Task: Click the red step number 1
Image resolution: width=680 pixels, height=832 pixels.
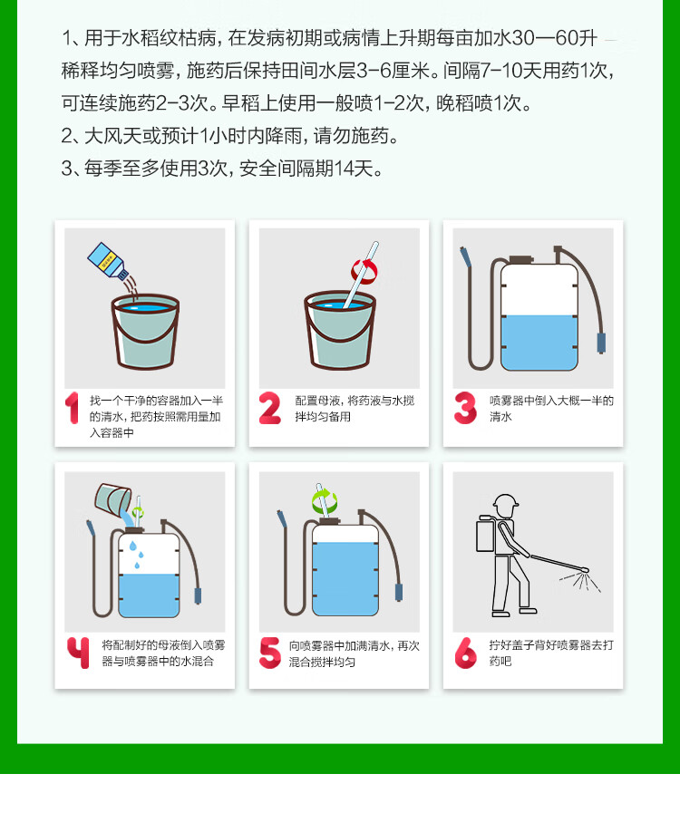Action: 73,408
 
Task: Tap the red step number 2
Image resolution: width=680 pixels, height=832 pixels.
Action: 269,408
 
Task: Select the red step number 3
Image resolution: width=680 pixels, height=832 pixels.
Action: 465,408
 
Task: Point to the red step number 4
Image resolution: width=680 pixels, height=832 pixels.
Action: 78,653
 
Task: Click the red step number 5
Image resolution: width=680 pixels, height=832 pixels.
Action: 270,653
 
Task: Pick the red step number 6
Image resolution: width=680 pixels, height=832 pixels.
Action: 465,653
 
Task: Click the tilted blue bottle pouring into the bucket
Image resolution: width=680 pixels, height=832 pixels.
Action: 108,260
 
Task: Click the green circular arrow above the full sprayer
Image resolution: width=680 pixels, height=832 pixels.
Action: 325,500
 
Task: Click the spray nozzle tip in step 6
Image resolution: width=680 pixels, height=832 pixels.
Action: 585,570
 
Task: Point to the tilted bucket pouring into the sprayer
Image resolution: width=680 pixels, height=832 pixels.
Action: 112,499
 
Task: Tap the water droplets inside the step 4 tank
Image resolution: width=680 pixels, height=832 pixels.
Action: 136,555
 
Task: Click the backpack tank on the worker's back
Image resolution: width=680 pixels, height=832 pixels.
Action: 486,536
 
